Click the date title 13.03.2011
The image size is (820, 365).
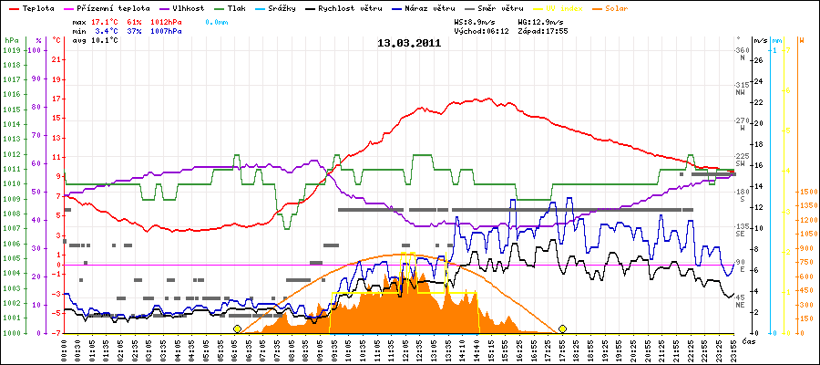[x=409, y=42]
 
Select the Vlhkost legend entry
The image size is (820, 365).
[x=189, y=7]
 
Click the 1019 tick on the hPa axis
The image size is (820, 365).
[x=11, y=50]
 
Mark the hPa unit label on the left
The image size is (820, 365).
[x=10, y=41]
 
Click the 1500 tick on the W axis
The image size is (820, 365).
[x=806, y=193]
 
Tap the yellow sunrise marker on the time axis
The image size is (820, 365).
[x=238, y=328]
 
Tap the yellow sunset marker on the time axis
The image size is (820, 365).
[x=563, y=328]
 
